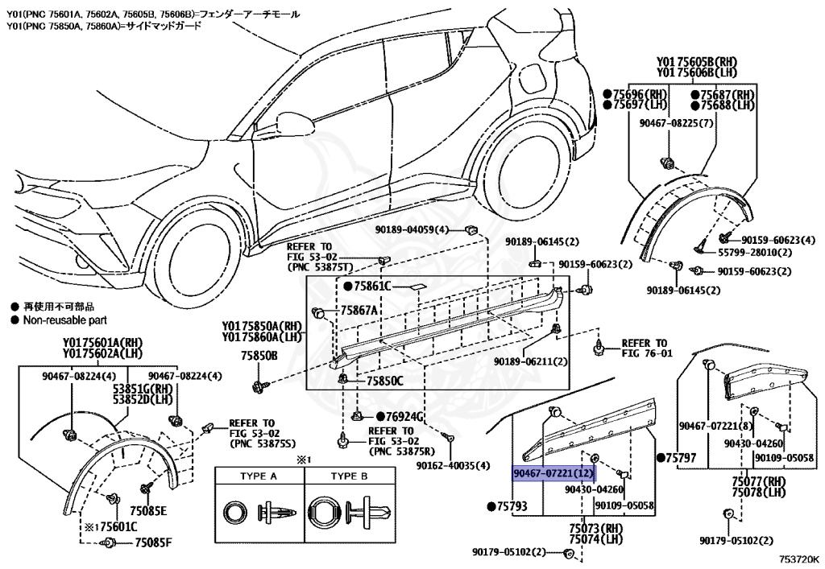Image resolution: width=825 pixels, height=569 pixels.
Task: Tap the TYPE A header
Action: coord(259,476)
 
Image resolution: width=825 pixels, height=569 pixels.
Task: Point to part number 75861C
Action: coord(371,286)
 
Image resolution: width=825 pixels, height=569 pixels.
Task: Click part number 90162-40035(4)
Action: coord(453,465)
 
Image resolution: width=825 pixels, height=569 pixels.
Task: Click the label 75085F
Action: coord(152,542)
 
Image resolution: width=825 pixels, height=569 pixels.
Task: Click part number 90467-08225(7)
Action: coord(670,122)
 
